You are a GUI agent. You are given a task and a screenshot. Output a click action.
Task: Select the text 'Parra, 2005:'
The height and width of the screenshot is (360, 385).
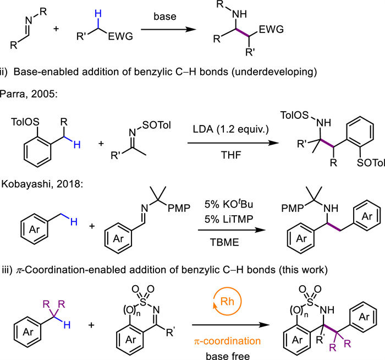point(31,95)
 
